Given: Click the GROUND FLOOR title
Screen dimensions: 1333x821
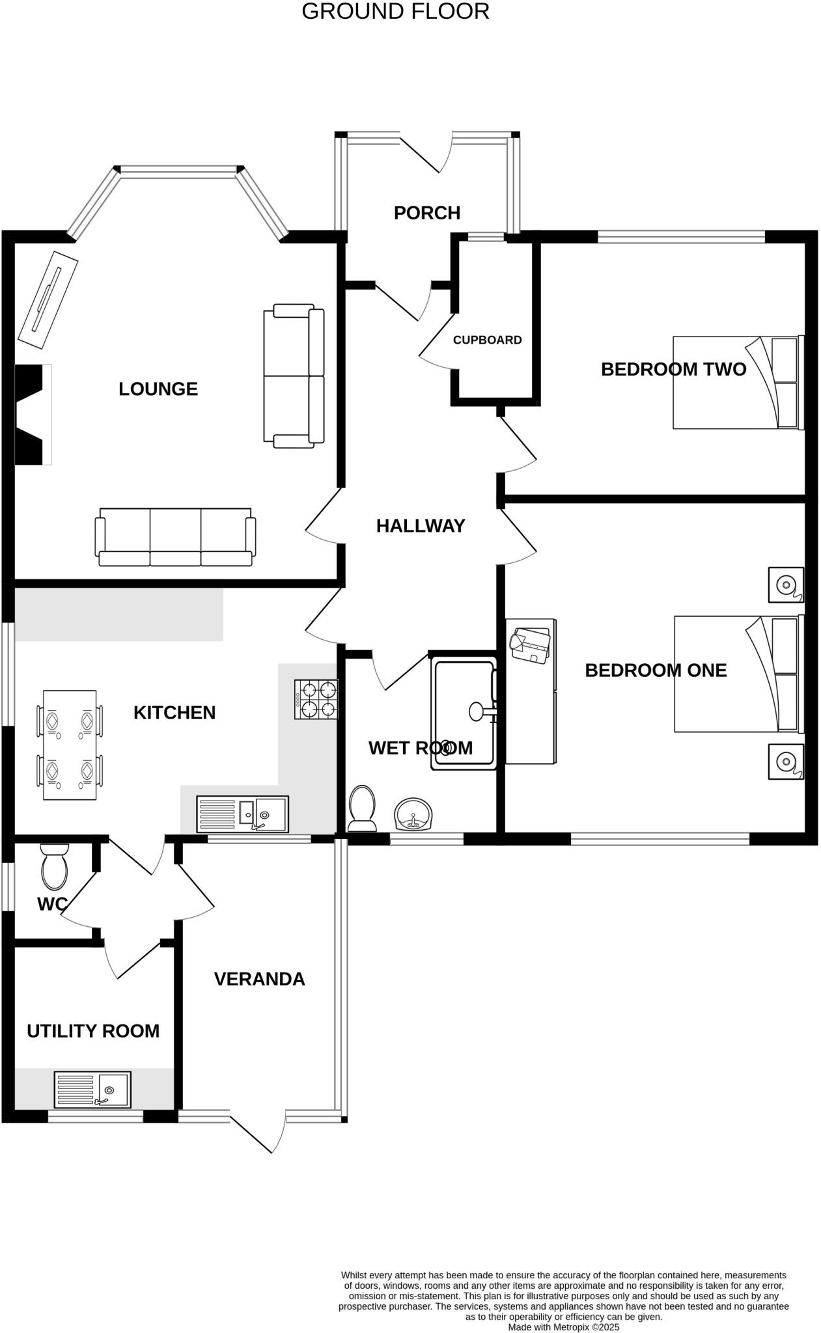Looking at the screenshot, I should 395,12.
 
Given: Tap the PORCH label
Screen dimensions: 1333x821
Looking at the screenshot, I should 427,213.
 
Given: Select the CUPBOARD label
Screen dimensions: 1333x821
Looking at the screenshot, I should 487,340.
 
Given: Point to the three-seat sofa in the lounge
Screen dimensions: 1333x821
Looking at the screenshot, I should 175,538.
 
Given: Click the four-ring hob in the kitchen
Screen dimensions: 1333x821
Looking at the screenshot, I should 316,699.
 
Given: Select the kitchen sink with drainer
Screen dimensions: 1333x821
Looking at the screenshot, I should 242,814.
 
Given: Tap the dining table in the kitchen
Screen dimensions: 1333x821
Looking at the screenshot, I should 70,745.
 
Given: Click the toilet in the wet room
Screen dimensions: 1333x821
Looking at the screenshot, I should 362,808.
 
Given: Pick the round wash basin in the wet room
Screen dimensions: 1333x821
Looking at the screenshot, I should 413,814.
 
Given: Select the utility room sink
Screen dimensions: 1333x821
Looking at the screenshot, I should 92,1090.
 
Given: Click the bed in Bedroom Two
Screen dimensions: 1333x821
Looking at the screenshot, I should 738,383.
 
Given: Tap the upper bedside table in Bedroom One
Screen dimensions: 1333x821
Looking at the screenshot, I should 786,584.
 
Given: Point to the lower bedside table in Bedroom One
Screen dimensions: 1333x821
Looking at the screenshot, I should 786,761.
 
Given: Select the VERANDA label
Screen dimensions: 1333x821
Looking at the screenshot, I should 259,979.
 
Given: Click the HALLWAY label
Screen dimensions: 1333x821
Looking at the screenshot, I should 421,526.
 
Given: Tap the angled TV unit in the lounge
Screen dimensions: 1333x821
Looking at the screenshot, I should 48,299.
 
